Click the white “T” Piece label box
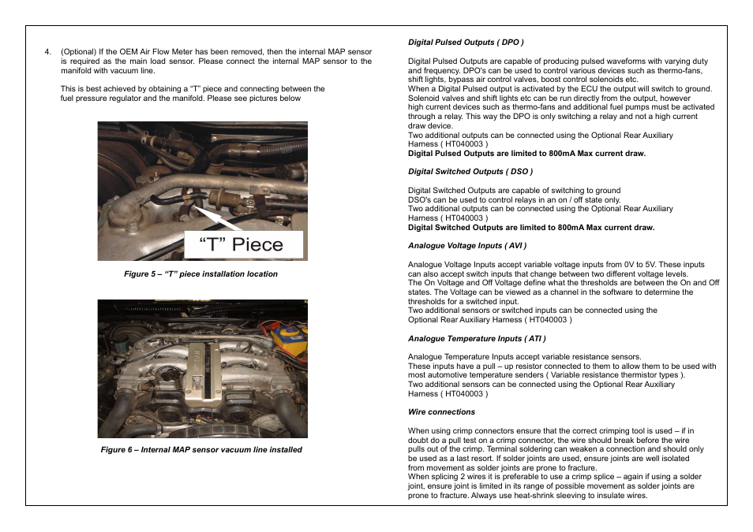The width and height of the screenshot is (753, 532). coord(243,244)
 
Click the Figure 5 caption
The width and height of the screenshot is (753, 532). coord(200,274)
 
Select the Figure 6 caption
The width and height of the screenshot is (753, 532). coord(200,450)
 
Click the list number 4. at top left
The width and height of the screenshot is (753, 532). coord(48,52)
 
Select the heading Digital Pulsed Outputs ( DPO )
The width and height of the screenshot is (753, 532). coord(466,42)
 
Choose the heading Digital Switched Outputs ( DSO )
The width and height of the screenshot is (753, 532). coord(470,171)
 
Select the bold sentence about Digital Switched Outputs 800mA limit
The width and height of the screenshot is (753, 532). coord(530,228)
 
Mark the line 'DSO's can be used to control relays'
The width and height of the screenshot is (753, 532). coord(514,199)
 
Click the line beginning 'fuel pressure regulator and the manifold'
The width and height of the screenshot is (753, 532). coord(181,99)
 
